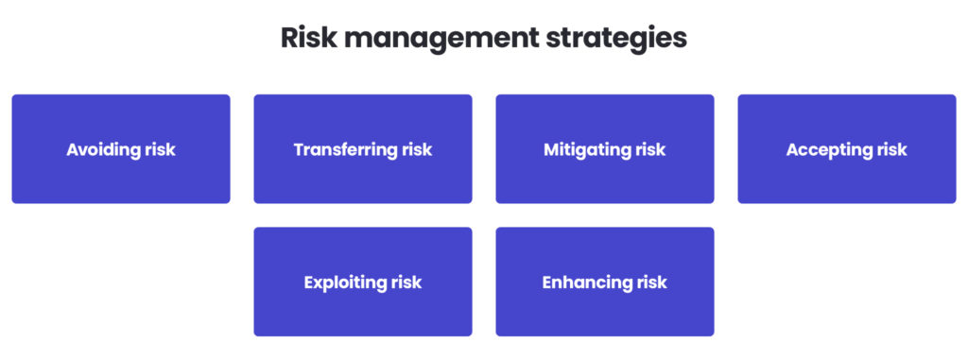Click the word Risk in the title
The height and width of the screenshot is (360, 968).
(310, 39)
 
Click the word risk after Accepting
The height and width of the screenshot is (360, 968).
(892, 149)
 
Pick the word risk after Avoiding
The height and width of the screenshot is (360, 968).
(160, 149)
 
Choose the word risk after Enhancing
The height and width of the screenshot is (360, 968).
(651, 283)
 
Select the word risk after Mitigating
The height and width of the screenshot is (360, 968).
(650, 149)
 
